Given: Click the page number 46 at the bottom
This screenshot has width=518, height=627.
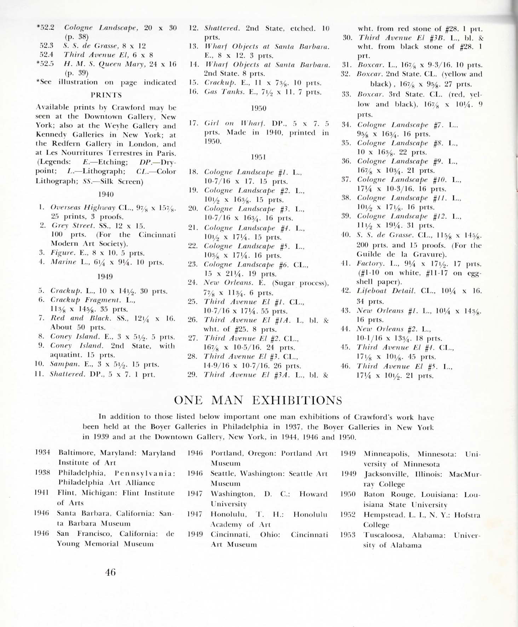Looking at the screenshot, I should [x=110, y=572].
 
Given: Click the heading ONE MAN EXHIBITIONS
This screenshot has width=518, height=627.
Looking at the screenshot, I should [x=258, y=400].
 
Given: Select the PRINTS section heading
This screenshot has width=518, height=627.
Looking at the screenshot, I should [x=106, y=95].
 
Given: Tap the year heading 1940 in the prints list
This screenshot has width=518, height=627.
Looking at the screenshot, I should [x=106, y=194].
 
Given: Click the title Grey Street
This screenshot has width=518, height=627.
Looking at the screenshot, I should [x=68, y=225].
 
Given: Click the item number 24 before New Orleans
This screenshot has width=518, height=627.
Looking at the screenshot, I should [x=192, y=282].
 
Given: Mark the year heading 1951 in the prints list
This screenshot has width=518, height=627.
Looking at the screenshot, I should [x=258, y=157].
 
